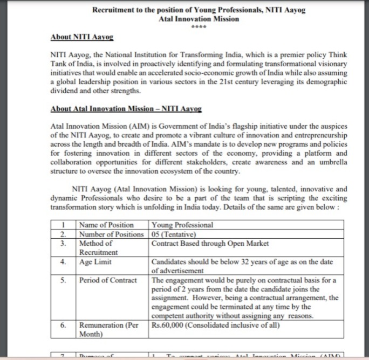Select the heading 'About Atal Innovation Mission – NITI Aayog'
point(126,108)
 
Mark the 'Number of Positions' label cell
point(112,234)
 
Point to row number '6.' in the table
point(64,326)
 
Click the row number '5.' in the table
point(64,280)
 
